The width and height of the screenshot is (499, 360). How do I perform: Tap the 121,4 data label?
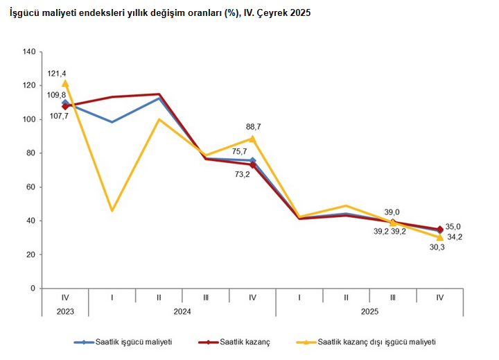[57, 73]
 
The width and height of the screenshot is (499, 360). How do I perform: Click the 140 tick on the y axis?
[28, 51]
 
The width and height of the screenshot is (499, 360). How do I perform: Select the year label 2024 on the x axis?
[182, 312]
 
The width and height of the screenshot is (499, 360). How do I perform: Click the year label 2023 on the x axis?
[65, 312]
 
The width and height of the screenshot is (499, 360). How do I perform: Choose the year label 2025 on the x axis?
[369, 312]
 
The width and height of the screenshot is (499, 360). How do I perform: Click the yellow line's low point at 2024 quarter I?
[112, 210]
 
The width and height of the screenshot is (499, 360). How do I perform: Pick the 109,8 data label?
[57, 95]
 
